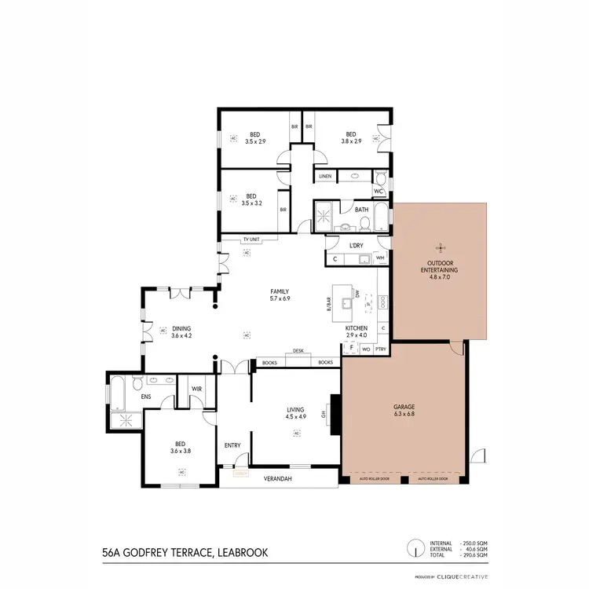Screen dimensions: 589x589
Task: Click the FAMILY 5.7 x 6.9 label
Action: [x=280, y=294]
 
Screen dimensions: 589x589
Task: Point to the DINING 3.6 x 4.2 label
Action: [x=181, y=332]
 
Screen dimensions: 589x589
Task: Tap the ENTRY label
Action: [x=232, y=445]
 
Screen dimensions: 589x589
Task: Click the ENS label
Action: [x=145, y=397]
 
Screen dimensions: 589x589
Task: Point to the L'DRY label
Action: [x=357, y=246]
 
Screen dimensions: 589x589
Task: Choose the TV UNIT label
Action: [x=251, y=239]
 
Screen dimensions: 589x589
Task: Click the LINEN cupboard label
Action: [x=325, y=176]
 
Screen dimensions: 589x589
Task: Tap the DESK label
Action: [x=298, y=351]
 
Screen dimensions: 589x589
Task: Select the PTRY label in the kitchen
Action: [x=380, y=348]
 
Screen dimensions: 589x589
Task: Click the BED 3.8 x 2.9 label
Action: [x=351, y=137]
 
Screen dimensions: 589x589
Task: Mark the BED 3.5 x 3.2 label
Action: [x=251, y=199]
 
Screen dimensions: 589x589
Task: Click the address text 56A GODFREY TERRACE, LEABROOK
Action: [x=185, y=553]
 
